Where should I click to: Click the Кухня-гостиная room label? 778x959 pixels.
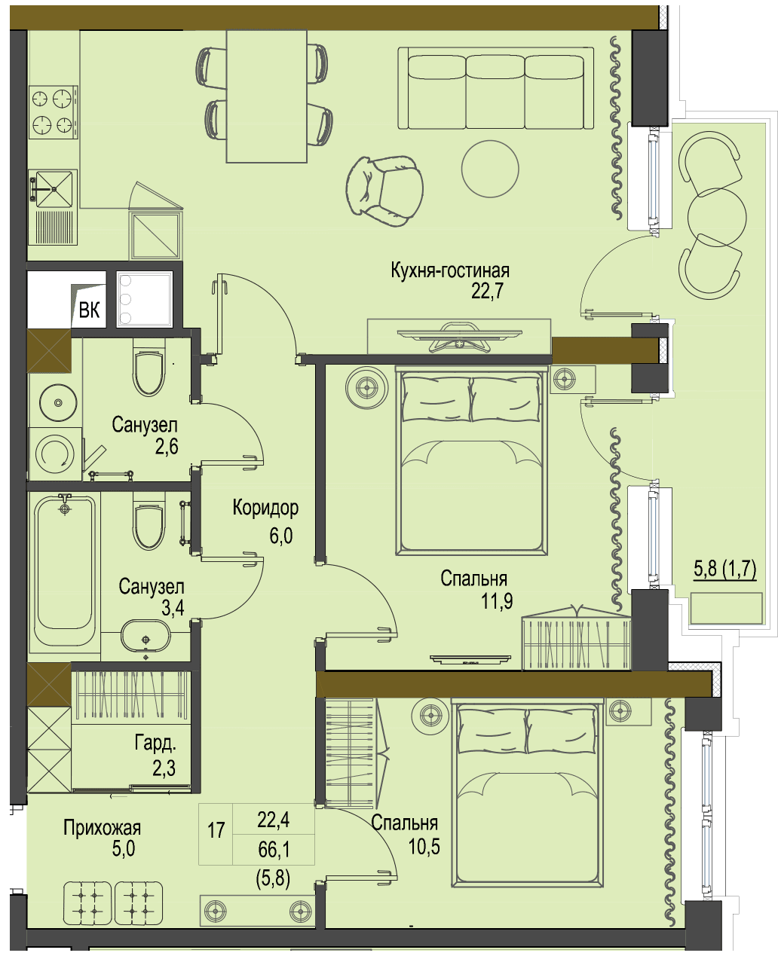(x=450, y=271)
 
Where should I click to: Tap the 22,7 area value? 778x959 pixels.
(x=487, y=292)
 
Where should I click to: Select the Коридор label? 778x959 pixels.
(x=265, y=508)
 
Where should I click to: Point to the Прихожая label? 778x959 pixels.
(x=102, y=827)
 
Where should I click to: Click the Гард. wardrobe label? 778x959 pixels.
(x=155, y=743)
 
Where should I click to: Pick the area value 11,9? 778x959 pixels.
(x=497, y=600)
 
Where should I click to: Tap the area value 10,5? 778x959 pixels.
(x=424, y=847)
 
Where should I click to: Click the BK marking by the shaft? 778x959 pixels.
(x=89, y=310)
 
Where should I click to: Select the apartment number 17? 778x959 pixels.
(x=216, y=830)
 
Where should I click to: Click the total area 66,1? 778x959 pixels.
(x=274, y=850)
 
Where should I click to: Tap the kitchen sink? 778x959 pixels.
(x=51, y=188)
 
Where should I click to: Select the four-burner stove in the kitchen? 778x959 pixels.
(x=54, y=111)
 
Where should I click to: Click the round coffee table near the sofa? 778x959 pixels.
(x=490, y=169)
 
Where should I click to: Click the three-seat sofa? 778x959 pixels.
(x=495, y=88)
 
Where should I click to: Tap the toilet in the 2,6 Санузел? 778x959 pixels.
(x=148, y=366)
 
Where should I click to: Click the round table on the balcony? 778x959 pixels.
(x=717, y=218)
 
